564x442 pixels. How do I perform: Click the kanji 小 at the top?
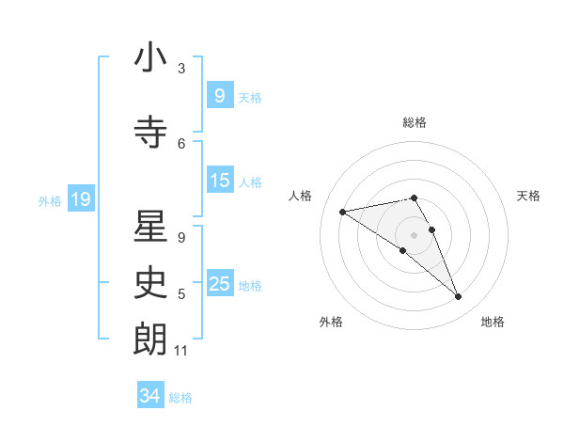point(150,59)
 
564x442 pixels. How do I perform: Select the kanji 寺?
point(150,133)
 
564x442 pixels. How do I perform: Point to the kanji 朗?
point(150,339)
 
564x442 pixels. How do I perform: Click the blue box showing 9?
point(219,96)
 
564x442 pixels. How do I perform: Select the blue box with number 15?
point(219,181)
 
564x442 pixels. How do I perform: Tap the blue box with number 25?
point(219,284)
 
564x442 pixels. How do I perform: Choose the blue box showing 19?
point(80,199)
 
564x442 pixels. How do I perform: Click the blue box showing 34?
point(149,396)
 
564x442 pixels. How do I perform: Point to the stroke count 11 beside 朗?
point(180,351)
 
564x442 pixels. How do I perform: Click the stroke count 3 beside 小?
point(180,69)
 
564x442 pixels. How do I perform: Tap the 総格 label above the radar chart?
point(415,122)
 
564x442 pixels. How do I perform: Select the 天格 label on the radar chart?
point(529,196)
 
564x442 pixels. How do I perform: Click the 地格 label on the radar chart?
point(493,322)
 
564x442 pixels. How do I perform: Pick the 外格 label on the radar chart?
point(331,322)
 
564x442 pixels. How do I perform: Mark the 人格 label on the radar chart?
point(301,196)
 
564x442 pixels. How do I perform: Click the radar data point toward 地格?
point(459,297)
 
